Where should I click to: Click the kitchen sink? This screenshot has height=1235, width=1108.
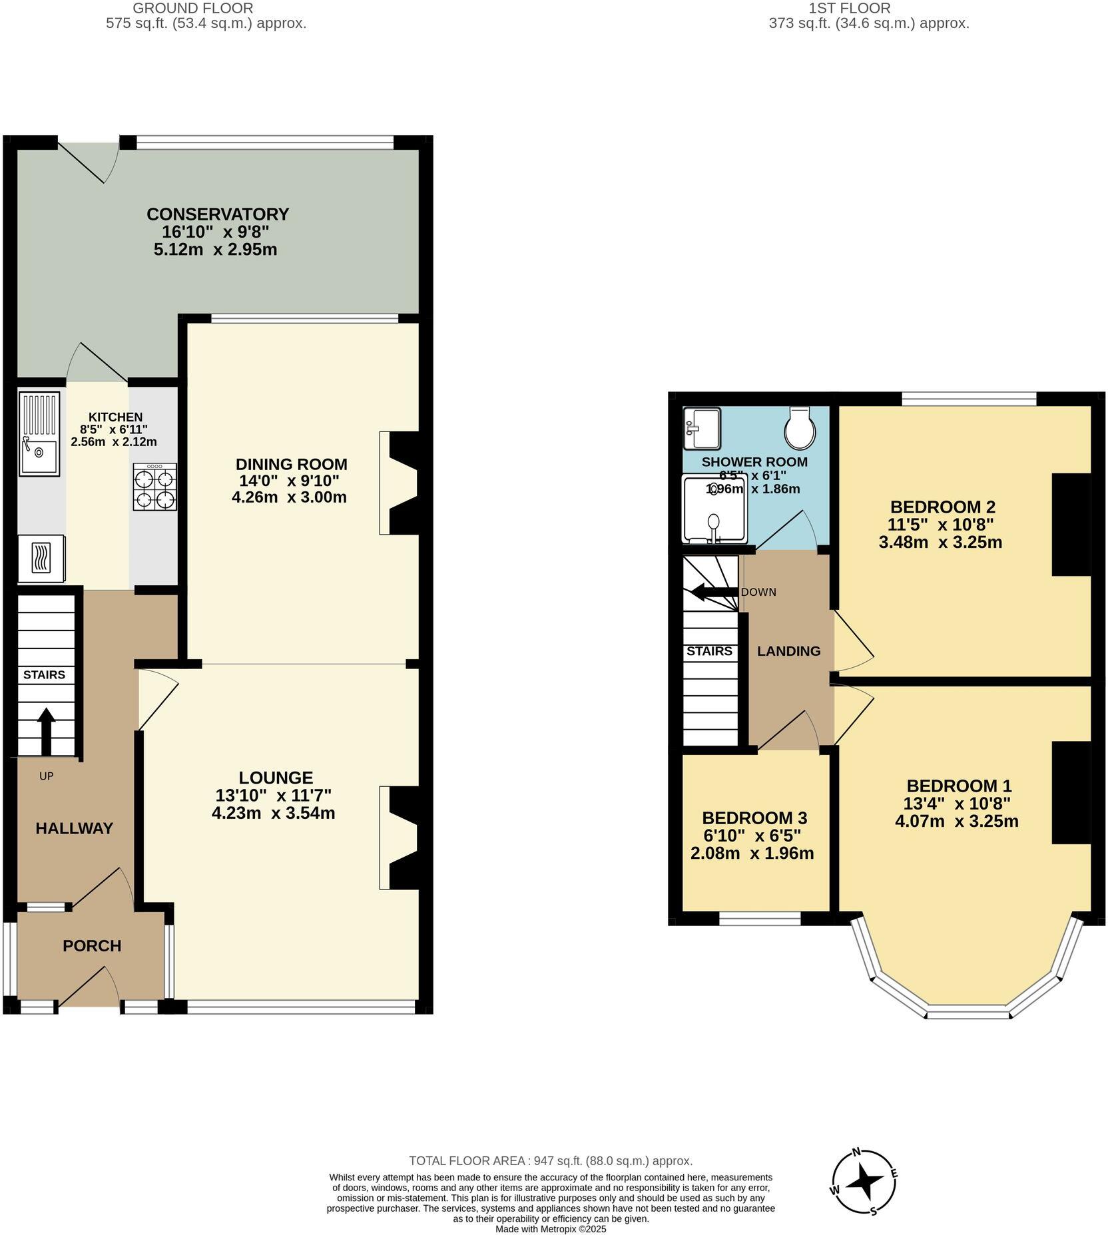pos(39,435)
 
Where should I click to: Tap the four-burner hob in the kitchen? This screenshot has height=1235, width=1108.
pos(155,487)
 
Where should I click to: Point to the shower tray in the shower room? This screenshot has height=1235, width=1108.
pos(714,509)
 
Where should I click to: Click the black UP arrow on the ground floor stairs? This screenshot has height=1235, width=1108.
pos(46,731)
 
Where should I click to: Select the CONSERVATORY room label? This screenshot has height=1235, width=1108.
pos(218,214)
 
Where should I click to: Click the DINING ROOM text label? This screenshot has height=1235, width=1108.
pos(292,464)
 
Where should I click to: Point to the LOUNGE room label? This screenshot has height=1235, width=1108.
pos(276,778)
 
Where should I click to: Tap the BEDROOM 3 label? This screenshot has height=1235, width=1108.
pos(754,818)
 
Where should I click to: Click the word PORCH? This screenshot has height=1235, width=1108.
pos(92,946)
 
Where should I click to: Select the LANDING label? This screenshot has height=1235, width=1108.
pos(788,651)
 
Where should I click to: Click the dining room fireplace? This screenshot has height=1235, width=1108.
pos(402,483)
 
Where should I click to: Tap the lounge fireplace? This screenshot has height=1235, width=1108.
pos(402,838)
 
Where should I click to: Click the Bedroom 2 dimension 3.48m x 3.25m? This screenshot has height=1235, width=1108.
pos(940,542)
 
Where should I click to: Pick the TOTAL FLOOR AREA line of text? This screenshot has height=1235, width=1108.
pos(551,1161)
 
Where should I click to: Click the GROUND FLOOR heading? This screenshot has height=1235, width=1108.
pos(193,9)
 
